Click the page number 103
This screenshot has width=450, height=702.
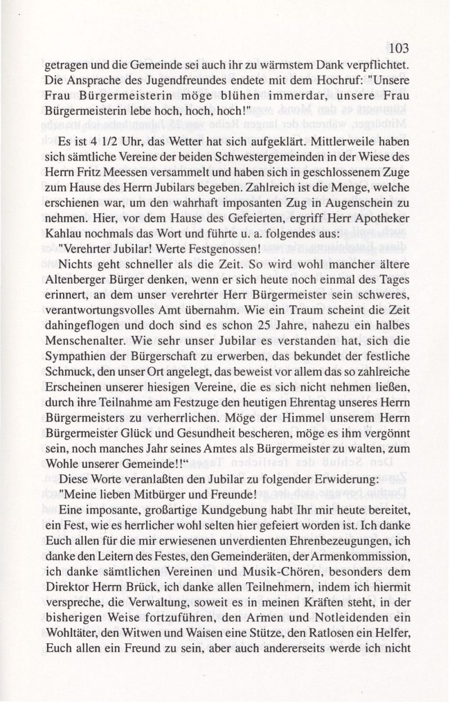[x=398, y=48]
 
